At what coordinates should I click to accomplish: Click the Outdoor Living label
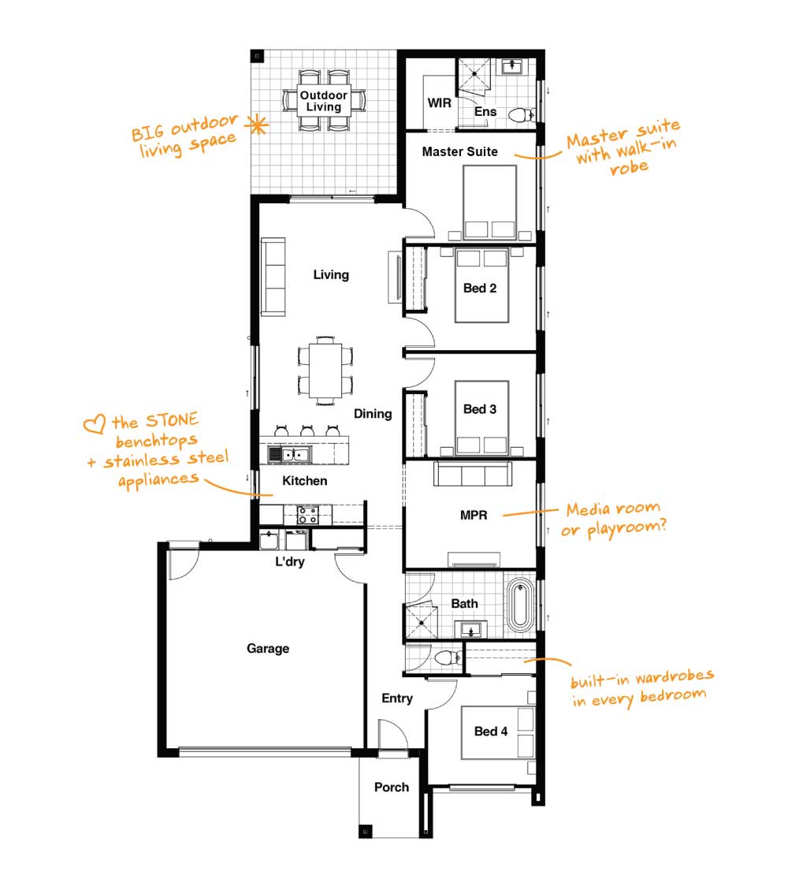(324, 101)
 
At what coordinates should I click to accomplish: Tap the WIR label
(439, 103)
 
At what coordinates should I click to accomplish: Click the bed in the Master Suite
(489, 202)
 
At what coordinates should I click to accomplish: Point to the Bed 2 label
(480, 288)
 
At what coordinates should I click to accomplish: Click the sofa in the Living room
(273, 277)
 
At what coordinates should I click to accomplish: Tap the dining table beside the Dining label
(325, 371)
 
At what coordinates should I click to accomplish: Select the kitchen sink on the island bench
(289, 454)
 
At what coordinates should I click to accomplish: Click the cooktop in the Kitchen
(307, 516)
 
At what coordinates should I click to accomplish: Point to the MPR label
(474, 516)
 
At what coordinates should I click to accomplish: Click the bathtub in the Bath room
(519, 605)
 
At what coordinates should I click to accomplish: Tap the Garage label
(268, 648)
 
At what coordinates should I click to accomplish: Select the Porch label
(392, 788)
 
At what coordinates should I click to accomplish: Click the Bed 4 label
(491, 732)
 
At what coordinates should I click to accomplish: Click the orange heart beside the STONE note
(95, 423)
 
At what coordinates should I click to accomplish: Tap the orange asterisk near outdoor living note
(258, 125)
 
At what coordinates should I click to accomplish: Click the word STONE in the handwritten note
(172, 420)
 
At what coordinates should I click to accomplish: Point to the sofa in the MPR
(472, 474)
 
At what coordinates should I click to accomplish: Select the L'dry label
(290, 561)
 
